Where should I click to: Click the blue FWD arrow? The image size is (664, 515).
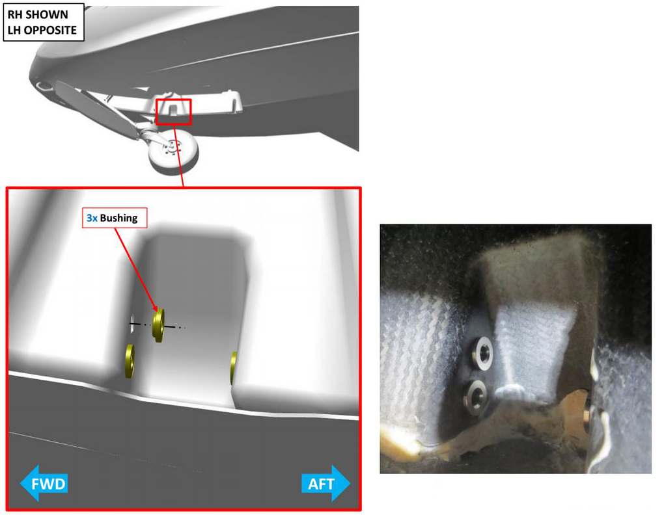(44, 484)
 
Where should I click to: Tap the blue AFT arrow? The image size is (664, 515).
(325, 484)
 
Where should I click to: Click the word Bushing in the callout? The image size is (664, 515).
(118, 218)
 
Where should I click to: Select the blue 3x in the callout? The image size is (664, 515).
(92, 218)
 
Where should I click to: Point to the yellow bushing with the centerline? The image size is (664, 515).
(158, 324)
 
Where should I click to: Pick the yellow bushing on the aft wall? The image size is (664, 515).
(233, 367)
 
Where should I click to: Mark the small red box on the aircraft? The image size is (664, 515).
(174, 111)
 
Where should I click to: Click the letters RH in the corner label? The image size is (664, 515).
(15, 14)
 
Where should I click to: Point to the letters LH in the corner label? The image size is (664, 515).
(14, 30)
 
